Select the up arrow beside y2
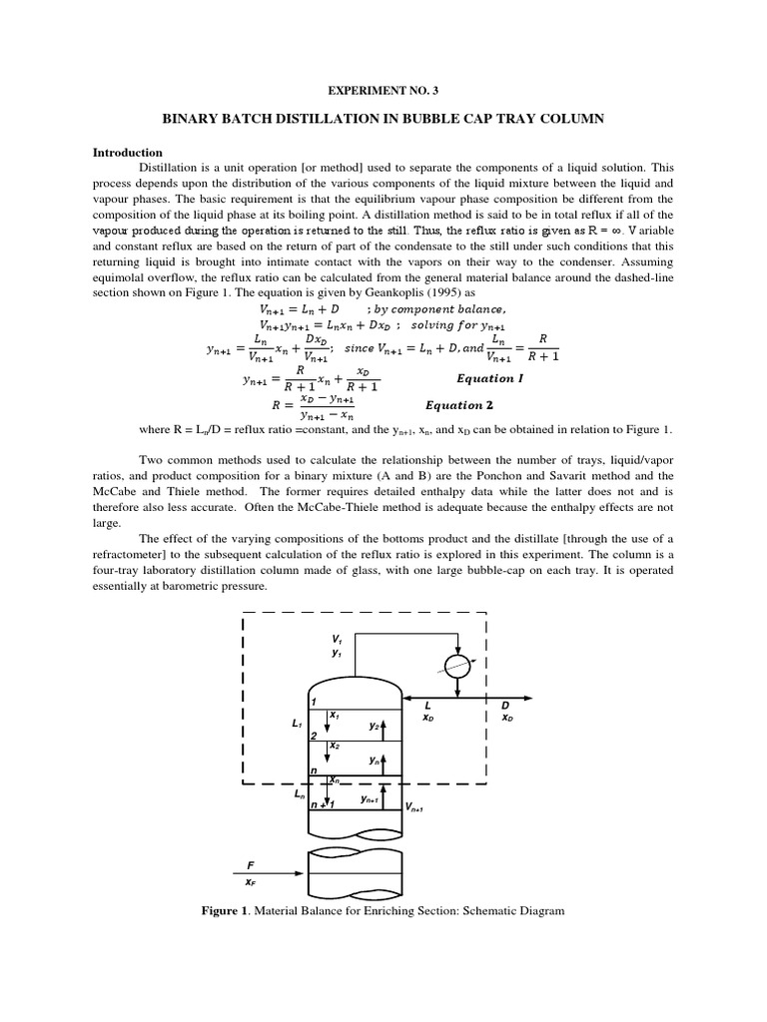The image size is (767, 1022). coord(383,726)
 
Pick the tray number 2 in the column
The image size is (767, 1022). coord(314,736)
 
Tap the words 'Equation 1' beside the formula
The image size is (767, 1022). coord(489,379)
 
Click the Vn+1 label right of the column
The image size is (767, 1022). coord(414,807)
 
